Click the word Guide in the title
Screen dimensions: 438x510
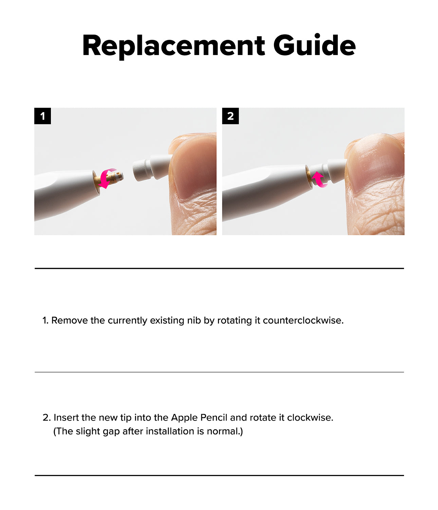(315, 45)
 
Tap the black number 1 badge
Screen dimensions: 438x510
(43, 116)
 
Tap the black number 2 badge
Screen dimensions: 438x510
(230, 116)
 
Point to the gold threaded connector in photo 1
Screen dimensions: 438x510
(108, 179)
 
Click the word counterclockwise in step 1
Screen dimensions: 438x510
(303, 321)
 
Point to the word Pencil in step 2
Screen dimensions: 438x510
(214, 418)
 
